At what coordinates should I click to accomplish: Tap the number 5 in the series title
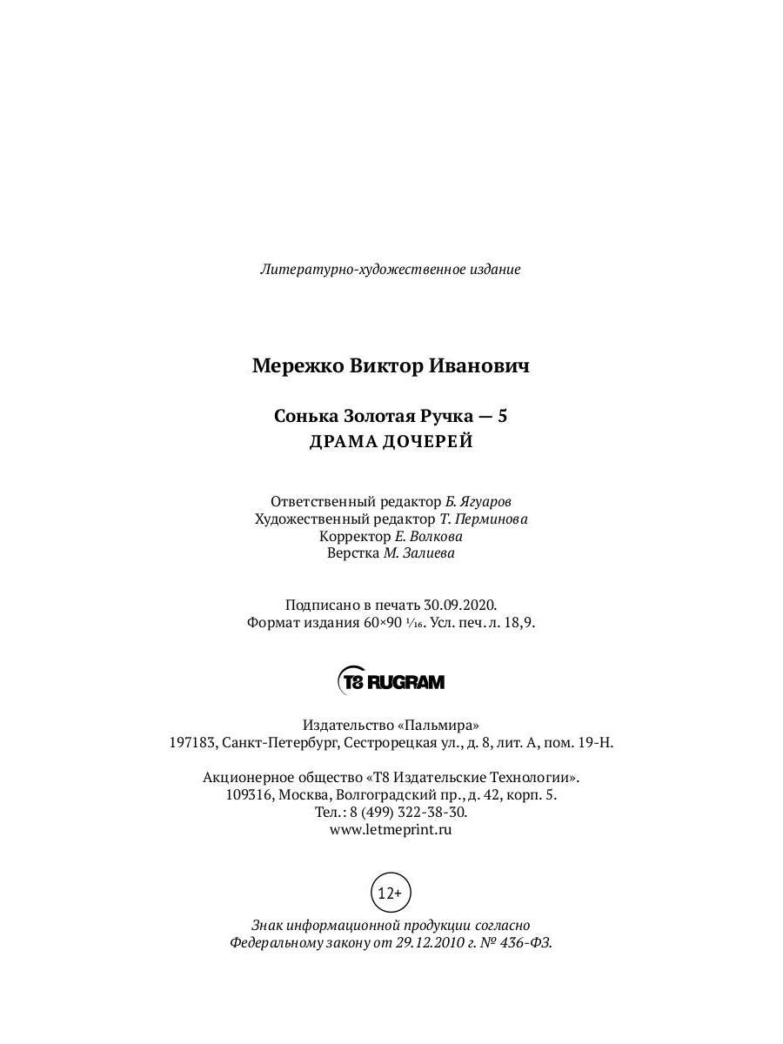(503, 417)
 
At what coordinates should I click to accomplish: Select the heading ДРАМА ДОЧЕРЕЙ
(391, 442)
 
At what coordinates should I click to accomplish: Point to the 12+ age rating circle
(391, 893)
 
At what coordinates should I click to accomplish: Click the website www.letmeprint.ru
(391, 829)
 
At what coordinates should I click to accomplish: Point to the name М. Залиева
(419, 553)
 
